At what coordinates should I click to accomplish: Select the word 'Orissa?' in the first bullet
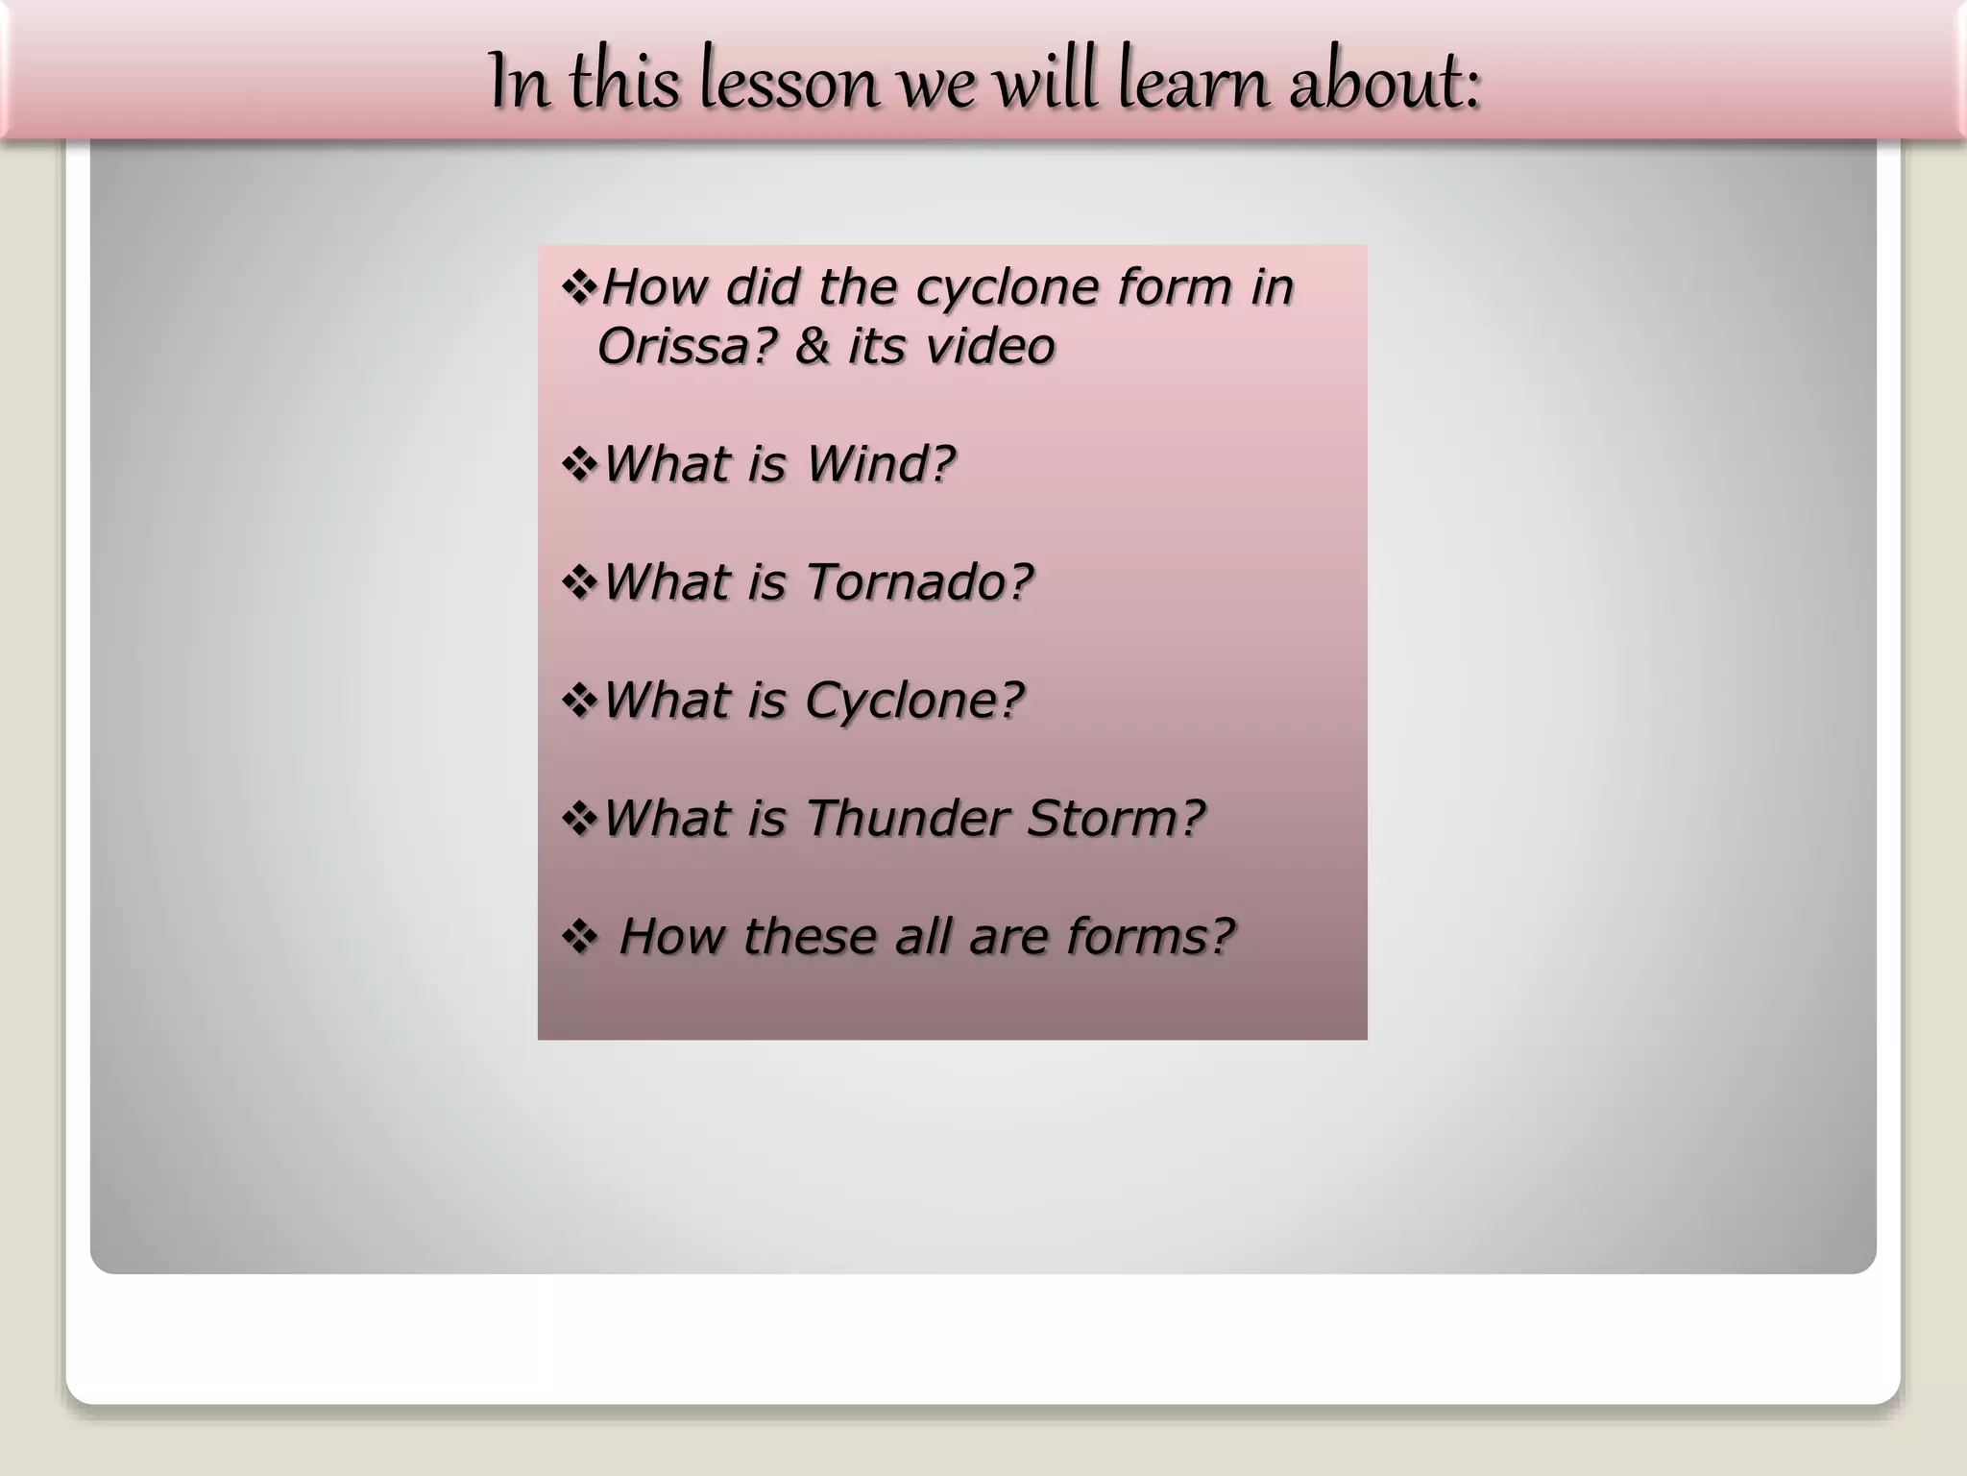point(686,346)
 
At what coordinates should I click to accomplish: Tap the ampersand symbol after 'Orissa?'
point(812,346)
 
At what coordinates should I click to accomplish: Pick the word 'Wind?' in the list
point(880,464)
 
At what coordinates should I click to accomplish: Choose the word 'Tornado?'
point(918,582)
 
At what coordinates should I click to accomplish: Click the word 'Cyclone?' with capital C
point(914,701)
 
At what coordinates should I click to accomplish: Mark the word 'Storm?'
point(1115,819)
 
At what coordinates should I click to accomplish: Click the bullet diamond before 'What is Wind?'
point(580,465)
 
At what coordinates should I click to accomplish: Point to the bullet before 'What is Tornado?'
point(580,583)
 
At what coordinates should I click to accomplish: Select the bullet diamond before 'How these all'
point(580,938)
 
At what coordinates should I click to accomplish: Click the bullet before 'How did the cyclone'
point(580,287)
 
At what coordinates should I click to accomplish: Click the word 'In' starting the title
point(519,83)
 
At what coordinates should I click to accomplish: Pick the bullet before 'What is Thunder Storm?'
point(580,820)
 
